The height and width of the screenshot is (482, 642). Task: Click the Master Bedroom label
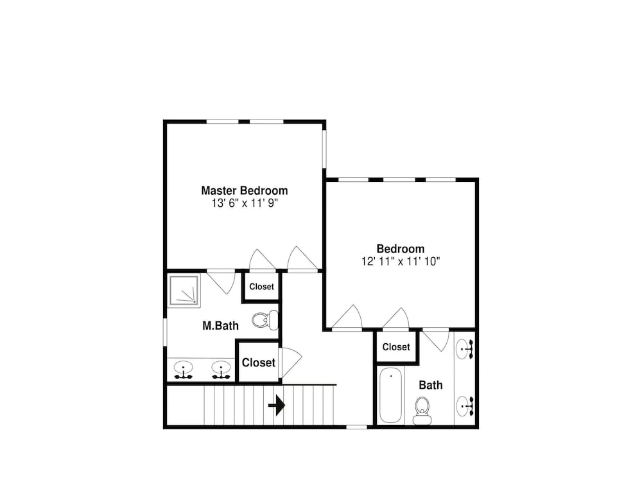tap(245, 191)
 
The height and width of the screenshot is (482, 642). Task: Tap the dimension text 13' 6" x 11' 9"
tap(245, 203)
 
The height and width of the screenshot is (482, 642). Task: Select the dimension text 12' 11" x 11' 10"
tap(401, 262)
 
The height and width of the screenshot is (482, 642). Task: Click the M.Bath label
tap(220, 326)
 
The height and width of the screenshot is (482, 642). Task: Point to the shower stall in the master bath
tap(184, 290)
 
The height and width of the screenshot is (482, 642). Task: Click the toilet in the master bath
tap(265, 319)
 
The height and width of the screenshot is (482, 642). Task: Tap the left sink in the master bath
tap(183, 370)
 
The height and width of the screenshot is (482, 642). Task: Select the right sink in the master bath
tap(221, 370)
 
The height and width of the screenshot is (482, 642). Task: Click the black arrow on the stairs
tap(277, 406)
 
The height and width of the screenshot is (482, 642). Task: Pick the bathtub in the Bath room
tap(390, 395)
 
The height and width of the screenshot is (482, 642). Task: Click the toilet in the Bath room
tap(422, 411)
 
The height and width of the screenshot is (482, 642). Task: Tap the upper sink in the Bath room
tap(465, 349)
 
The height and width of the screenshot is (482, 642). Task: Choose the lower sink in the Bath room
tap(465, 406)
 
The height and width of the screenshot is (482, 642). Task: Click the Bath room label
tap(431, 385)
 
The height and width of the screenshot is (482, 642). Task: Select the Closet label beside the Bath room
tap(396, 347)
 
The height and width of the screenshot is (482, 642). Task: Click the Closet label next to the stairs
tap(258, 362)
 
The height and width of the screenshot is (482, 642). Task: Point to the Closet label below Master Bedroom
tap(261, 287)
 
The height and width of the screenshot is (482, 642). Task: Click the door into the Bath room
tap(437, 340)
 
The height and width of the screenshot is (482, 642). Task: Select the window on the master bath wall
tap(165, 332)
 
